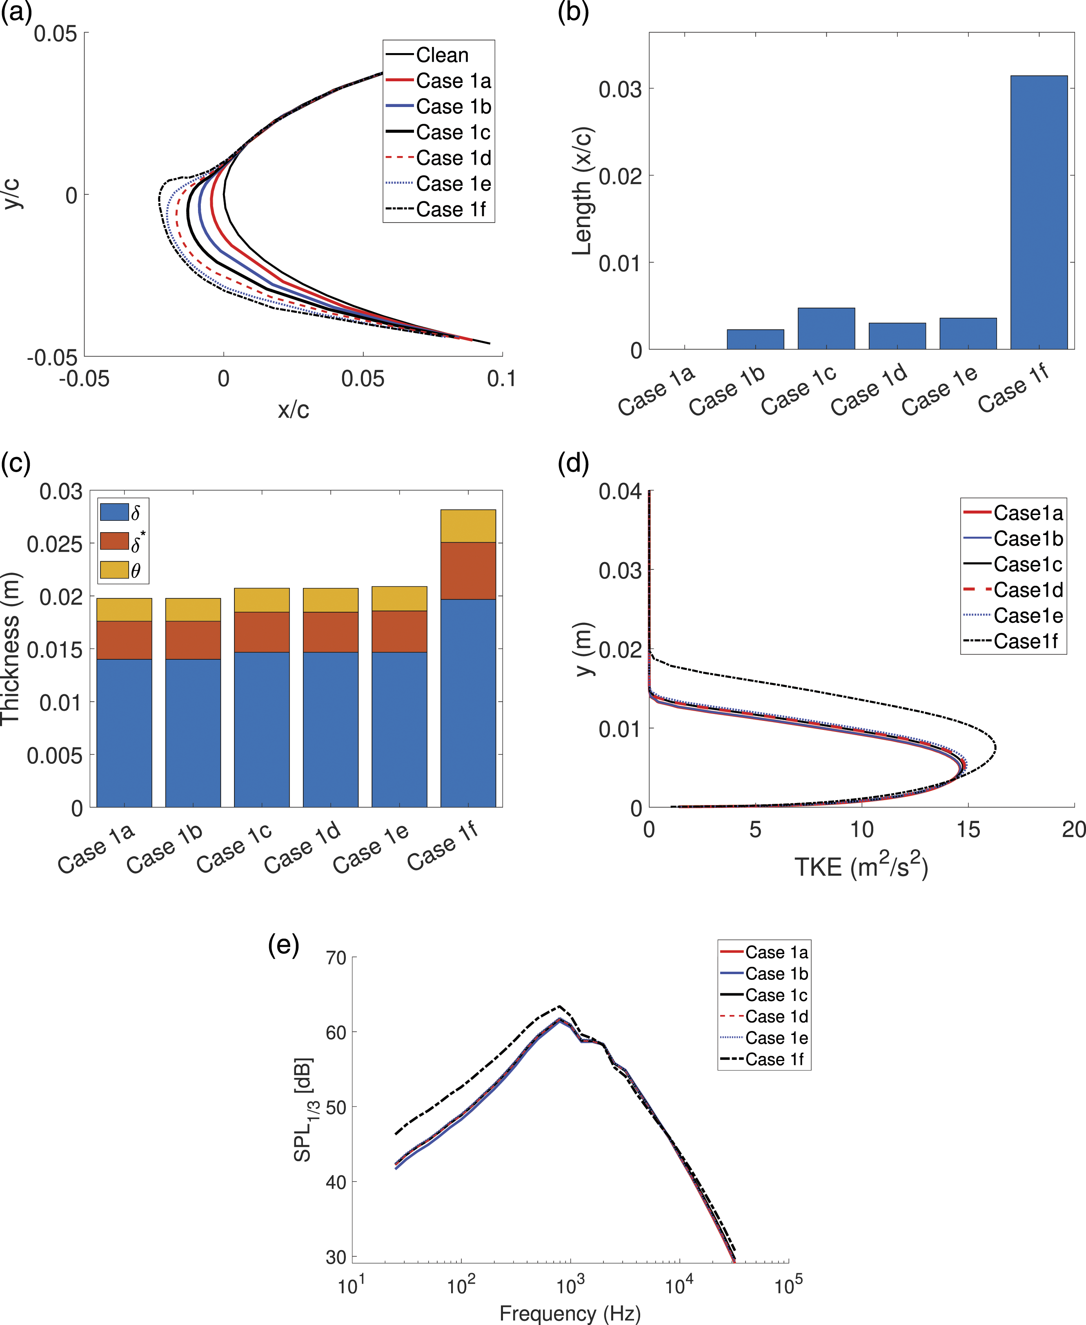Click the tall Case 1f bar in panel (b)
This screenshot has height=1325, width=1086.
1039,212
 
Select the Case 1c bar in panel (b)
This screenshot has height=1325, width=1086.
826,328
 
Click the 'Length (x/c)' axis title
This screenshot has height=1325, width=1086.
583,191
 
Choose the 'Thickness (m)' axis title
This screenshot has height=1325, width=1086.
11,649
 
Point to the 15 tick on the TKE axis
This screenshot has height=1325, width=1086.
968,829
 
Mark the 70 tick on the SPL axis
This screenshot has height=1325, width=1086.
336,958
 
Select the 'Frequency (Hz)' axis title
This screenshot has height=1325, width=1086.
570,1312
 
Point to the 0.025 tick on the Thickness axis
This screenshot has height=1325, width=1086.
54,544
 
